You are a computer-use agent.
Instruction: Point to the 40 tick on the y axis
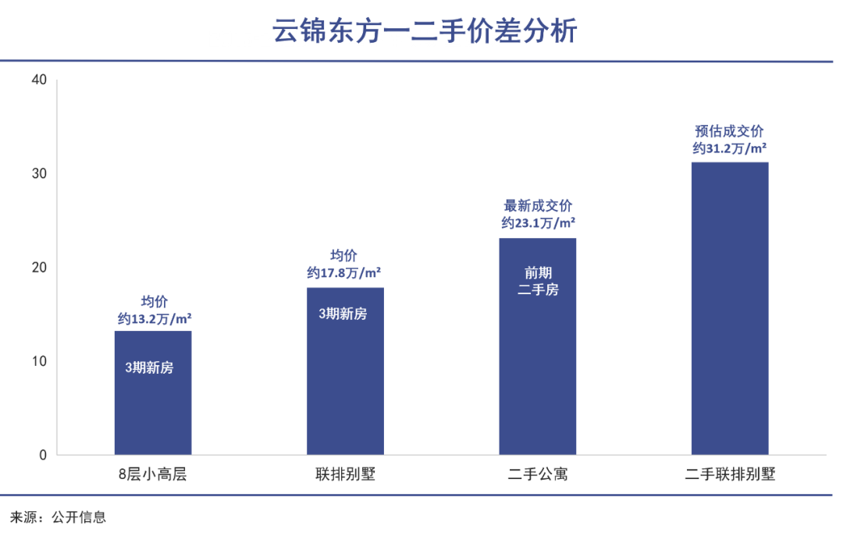click(39, 80)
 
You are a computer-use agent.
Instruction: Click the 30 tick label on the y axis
click(39, 173)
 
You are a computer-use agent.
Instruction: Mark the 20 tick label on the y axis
click(39, 268)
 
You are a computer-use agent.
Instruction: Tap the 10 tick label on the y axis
click(39, 361)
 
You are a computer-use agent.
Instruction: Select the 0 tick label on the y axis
click(43, 455)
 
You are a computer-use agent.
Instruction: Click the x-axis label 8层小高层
click(153, 474)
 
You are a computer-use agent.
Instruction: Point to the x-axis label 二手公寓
click(538, 474)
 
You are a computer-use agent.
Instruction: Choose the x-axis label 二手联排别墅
click(730, 474)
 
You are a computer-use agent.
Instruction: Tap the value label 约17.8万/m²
click(344, 273)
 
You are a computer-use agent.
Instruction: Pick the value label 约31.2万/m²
click(730, 148)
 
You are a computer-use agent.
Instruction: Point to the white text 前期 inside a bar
click(538, 273)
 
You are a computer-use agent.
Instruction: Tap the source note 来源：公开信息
click(58, 517)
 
